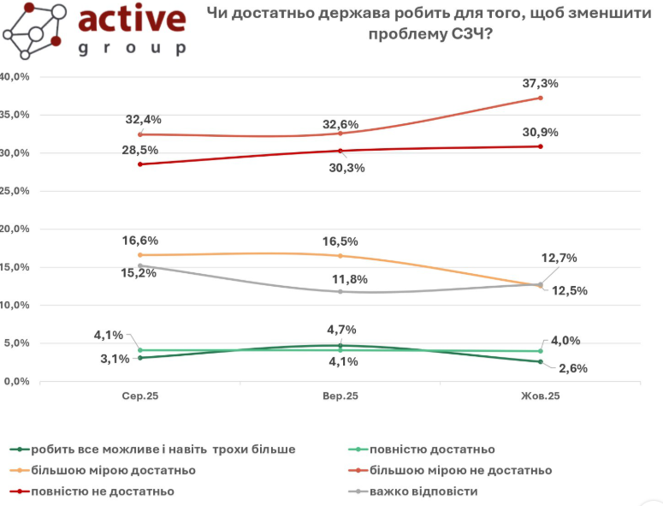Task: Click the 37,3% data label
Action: [x=541, y=84]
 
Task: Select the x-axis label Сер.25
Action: [x=141, y=396]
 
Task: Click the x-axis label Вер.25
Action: [x=340, y=396]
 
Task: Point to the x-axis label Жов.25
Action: [x=541, y=396]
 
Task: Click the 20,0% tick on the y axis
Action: [x=15, y=229]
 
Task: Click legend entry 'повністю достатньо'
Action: [x=432, y=449]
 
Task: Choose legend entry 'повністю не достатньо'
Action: [x=102, y=491]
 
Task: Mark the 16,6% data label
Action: [x=141, y=241]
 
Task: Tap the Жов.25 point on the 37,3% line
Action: [x=540, y=98]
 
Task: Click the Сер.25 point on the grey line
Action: [x=140, y=266]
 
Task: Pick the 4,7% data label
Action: [x=341, y=330]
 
